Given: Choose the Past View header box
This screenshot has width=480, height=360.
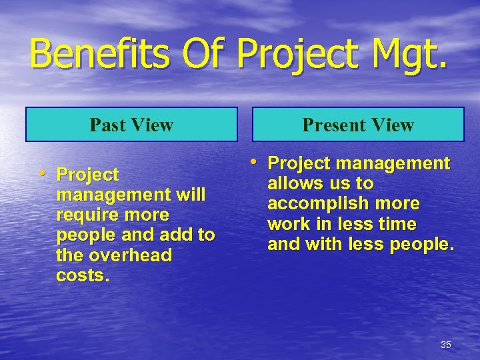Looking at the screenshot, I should [131, 125].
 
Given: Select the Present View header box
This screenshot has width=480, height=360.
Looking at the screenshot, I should [358, 125].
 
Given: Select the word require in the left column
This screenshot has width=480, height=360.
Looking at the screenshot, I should [85, 215].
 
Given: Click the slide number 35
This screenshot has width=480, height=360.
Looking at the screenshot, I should [445, 345].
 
